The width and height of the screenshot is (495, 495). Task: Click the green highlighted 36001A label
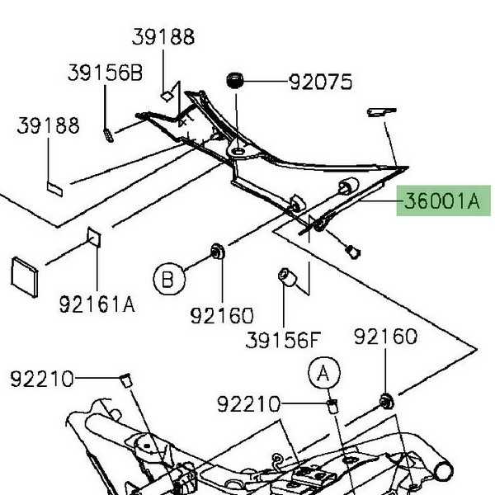click(x=440, y=200)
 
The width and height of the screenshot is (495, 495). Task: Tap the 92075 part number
click(x=320, y=82)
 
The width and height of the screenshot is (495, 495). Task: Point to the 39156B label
click(x=105, y=73)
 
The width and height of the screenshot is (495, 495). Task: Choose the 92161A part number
click(x=97, y=304)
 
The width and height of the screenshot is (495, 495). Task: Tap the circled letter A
click(x=324, y=374)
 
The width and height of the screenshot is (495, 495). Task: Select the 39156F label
click(x=283, y=340)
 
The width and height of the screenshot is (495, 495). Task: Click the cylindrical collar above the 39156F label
click(x=286, y=277)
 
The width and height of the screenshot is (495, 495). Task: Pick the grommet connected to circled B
click(x=219, y=251)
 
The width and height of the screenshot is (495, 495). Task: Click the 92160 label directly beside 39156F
click(x=222, y=315)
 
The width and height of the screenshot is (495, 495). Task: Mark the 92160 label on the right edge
click(x=386, y=337)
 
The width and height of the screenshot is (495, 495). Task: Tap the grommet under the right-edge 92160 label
click(x=385, y=402)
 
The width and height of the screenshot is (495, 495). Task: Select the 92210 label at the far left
click(x=42, y=379)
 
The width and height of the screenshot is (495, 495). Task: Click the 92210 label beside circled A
click(x=249, y=404)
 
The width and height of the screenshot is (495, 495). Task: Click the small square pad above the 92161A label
click(x=94, y=238)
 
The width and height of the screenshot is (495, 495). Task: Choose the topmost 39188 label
click(x=163, y=37)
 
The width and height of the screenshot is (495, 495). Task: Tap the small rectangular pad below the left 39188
click(x=55, y=187)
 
